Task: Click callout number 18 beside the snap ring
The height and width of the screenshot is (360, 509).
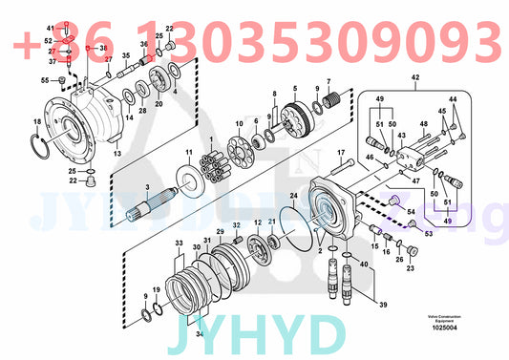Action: point(36,121)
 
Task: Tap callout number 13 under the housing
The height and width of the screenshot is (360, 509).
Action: point(118,153)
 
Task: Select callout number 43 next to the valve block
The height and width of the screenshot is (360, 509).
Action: point(402,137)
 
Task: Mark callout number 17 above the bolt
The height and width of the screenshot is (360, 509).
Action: point(340,151)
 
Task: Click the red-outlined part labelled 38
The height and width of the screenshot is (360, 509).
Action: point(87,47)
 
